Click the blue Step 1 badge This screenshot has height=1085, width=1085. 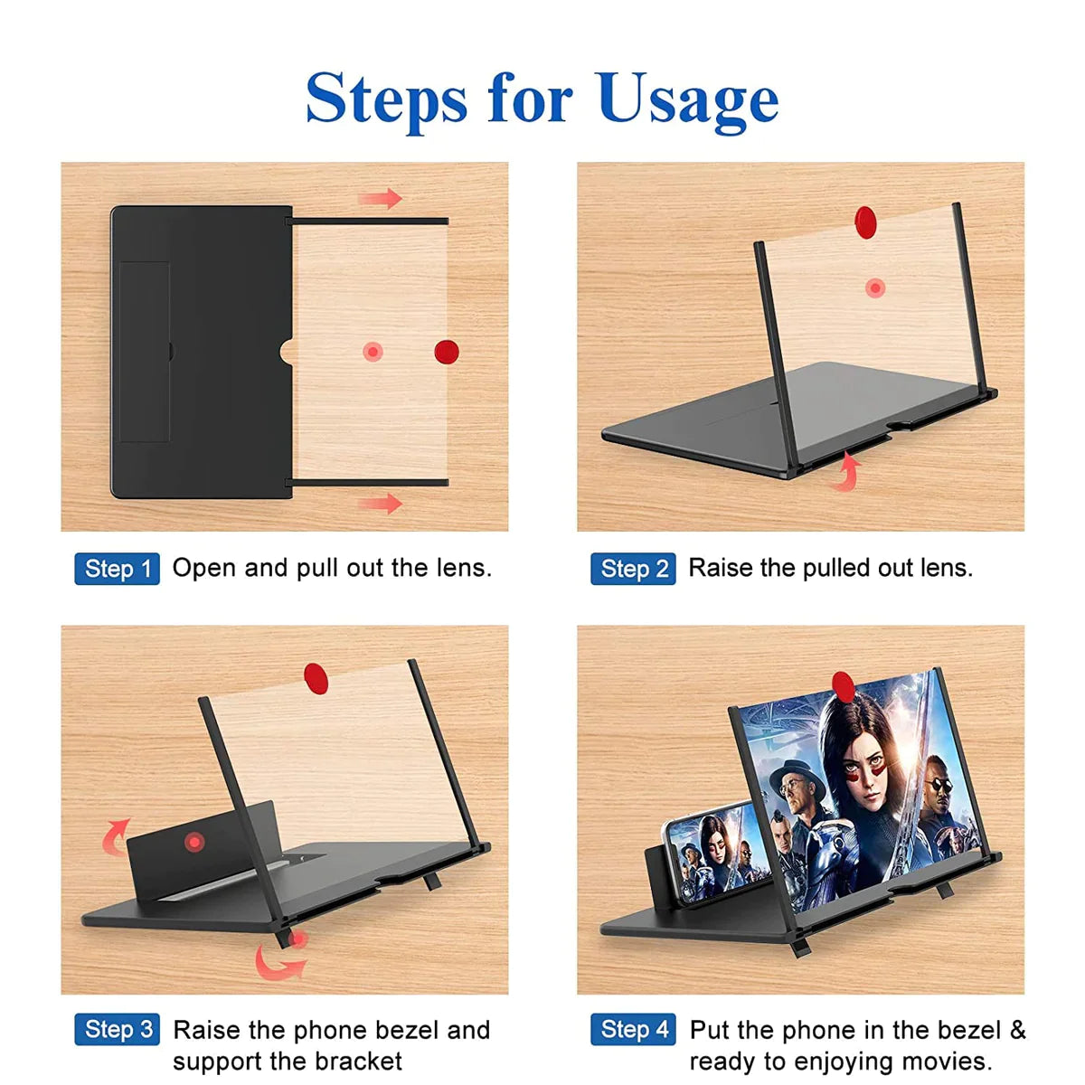117,569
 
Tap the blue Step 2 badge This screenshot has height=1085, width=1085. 633,569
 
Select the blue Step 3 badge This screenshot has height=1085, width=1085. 117,1030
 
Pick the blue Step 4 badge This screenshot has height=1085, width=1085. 633,1030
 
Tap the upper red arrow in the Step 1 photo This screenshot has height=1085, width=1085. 381,198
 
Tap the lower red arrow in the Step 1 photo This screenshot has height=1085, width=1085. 381,503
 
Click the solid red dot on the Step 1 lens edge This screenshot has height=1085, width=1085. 446,352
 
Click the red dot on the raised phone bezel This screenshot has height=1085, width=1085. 193,843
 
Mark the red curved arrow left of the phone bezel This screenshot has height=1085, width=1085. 115,836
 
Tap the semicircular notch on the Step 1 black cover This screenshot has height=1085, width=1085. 286,352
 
